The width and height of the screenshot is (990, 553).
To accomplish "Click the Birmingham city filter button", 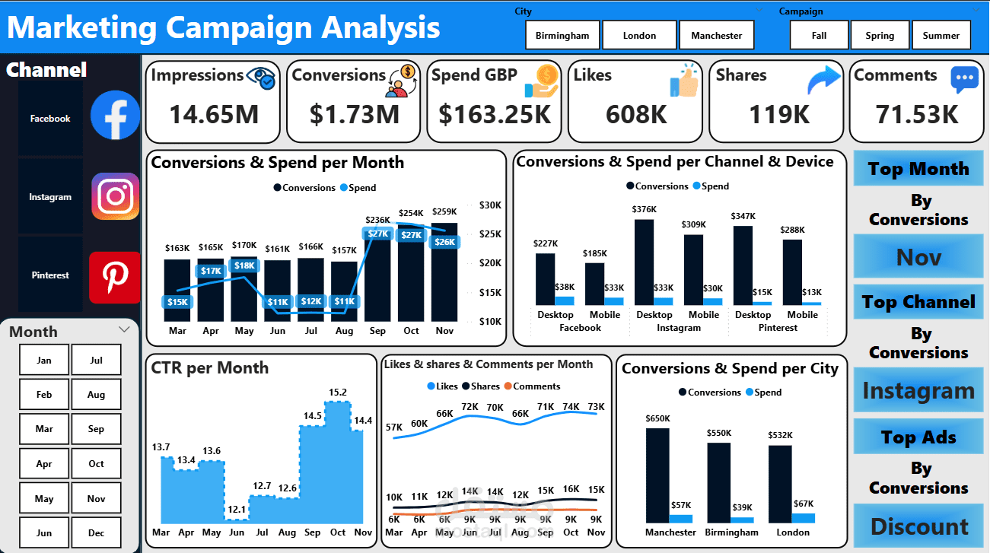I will click(562, 35).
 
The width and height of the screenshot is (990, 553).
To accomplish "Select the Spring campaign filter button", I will click(880, 35).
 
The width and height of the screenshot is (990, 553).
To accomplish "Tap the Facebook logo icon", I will click(115, 116).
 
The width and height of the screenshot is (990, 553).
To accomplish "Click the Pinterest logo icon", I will click(115, 277).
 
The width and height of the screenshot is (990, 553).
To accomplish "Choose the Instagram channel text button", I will click(50, 197).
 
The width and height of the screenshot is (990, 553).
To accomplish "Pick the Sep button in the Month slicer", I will click(96, 429).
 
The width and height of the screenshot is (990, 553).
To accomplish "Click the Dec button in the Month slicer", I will click(96, 532).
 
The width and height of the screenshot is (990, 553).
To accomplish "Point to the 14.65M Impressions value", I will click(214, 114).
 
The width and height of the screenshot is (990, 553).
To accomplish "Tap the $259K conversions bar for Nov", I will click(444, 274).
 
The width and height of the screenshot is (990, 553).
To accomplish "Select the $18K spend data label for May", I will click(244, 265).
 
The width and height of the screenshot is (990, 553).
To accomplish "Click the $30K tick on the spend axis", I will click(489, 205).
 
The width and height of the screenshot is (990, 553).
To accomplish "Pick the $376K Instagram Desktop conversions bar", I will click(644, 262).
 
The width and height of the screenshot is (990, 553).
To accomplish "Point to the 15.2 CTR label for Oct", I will click(338, 393).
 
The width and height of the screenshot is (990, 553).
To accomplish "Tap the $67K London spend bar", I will click(804, 517).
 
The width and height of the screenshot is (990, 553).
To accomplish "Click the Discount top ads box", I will click(918, 526).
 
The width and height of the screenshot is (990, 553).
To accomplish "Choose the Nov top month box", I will click(918, 257).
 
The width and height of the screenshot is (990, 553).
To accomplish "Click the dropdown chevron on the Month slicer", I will click(124, 329).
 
